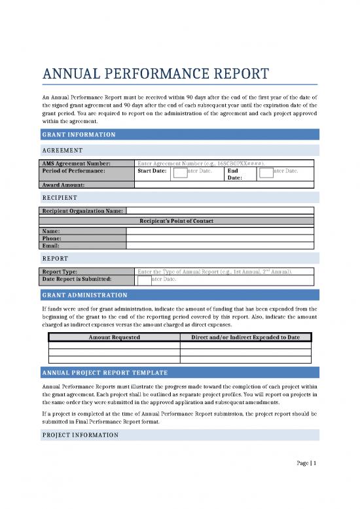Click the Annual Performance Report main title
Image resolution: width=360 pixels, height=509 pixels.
click(x=155, y=73)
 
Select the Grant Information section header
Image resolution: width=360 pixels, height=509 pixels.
click(x=79, y=134)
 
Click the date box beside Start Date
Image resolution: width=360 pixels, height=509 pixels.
click(x=180, y=172)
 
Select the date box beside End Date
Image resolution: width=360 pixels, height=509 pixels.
click(x=266, y=172)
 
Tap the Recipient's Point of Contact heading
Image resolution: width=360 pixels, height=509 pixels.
click(x=177, y=221)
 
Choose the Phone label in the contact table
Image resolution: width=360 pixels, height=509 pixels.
click(x=52, y=238)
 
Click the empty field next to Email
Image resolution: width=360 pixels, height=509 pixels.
click(x=219, y=246)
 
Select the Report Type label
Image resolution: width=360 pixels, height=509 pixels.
click(x=60, y=271)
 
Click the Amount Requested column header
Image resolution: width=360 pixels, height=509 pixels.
click(x=114, y=337)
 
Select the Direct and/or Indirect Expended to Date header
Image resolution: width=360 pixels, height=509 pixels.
click(x=245, y=337)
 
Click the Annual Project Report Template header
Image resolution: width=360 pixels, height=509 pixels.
click(x=109, y=372)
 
